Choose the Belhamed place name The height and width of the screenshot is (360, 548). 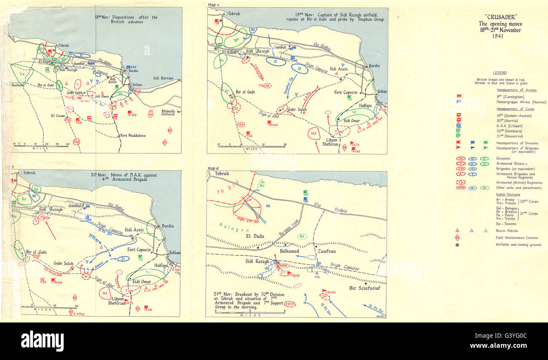(289, 251)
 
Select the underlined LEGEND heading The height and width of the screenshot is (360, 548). (500, 73)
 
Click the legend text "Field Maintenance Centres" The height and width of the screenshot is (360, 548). (519, 237)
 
